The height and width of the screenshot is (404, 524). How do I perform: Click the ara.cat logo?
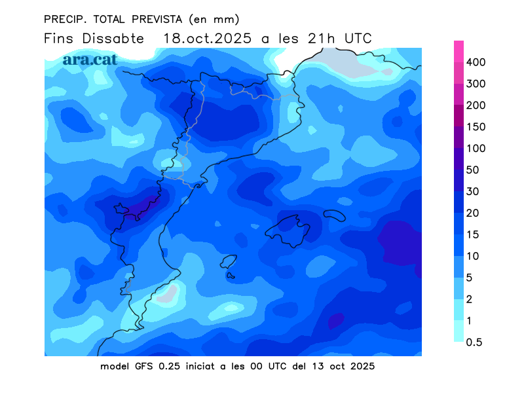pos(90,59)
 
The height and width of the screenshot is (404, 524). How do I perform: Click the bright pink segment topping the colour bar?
pos(459,51)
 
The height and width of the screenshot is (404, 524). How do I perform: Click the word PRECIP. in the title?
pos(64,18)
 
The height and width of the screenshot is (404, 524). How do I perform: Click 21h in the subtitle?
pos(318,39)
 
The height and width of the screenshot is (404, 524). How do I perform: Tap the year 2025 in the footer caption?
pos(361,366)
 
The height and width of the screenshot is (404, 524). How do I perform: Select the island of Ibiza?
pos(228,262)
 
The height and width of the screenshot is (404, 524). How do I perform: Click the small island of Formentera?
pos(231,276)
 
